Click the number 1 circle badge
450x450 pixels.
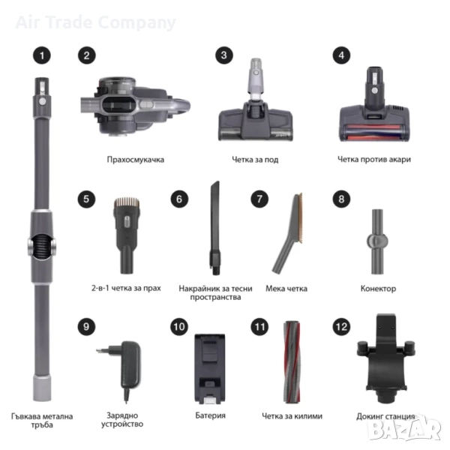pyautogui.click(x=42, y=55)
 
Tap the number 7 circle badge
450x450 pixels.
pyautogui.click(x=259, y=199)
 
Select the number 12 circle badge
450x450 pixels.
pyautogui.click(x=341, y=327)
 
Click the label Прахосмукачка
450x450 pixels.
pyautogui.click(x=136, y=160)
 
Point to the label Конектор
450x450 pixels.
pyautogui.click(x=378, y=289)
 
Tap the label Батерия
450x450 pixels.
pyautogui.click(x=210, y=415)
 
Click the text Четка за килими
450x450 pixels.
pyautogui.click(x=292, y=415)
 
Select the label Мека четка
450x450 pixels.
pyautogui.click(x=286, y=289)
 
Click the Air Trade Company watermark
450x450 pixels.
pyautogui.click(x=95, y=22)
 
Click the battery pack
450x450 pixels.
pyautogui.click(x=210, y=369)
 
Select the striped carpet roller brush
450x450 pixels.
pyautogui.click(x=292, y=361)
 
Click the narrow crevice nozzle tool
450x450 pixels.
pyautogui.click(x=215, y=228)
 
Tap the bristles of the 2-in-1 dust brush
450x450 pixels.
pyautogui.click(x=127, y=202)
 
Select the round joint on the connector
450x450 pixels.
pyautogui.click(x=376, y=241)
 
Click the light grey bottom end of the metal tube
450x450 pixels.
pyautogui.click(x=42, y=388)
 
